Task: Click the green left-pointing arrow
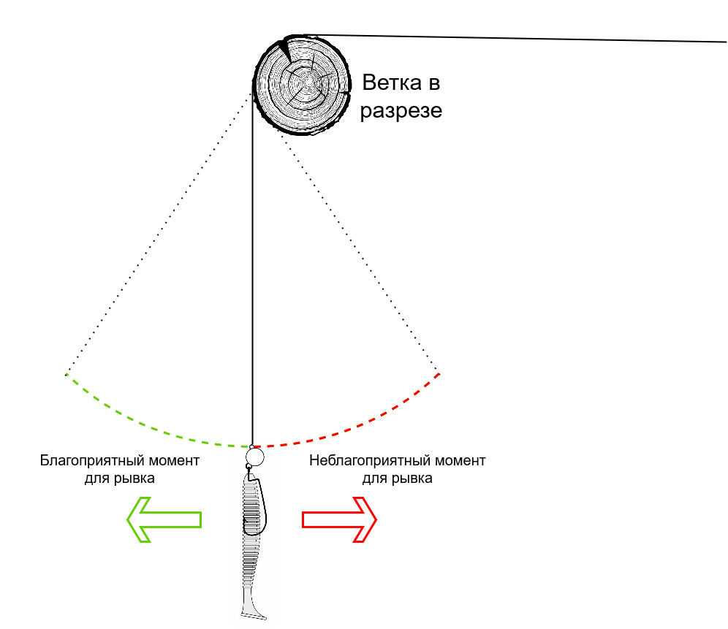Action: click(x=164, y=519)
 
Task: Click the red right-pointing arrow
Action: click(x=339, y=519)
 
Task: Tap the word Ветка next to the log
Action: click(x=391, y=83)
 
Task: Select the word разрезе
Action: click(x=401, y=111)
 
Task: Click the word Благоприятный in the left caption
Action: click(x=91, y=461)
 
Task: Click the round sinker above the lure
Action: click(x=254, y=457)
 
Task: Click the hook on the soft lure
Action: click(x=259, y=501)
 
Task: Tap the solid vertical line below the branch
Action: click(x=252, y=270)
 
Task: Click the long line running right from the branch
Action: click(x=511, y=38)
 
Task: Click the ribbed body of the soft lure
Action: click(x=251, y=529)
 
